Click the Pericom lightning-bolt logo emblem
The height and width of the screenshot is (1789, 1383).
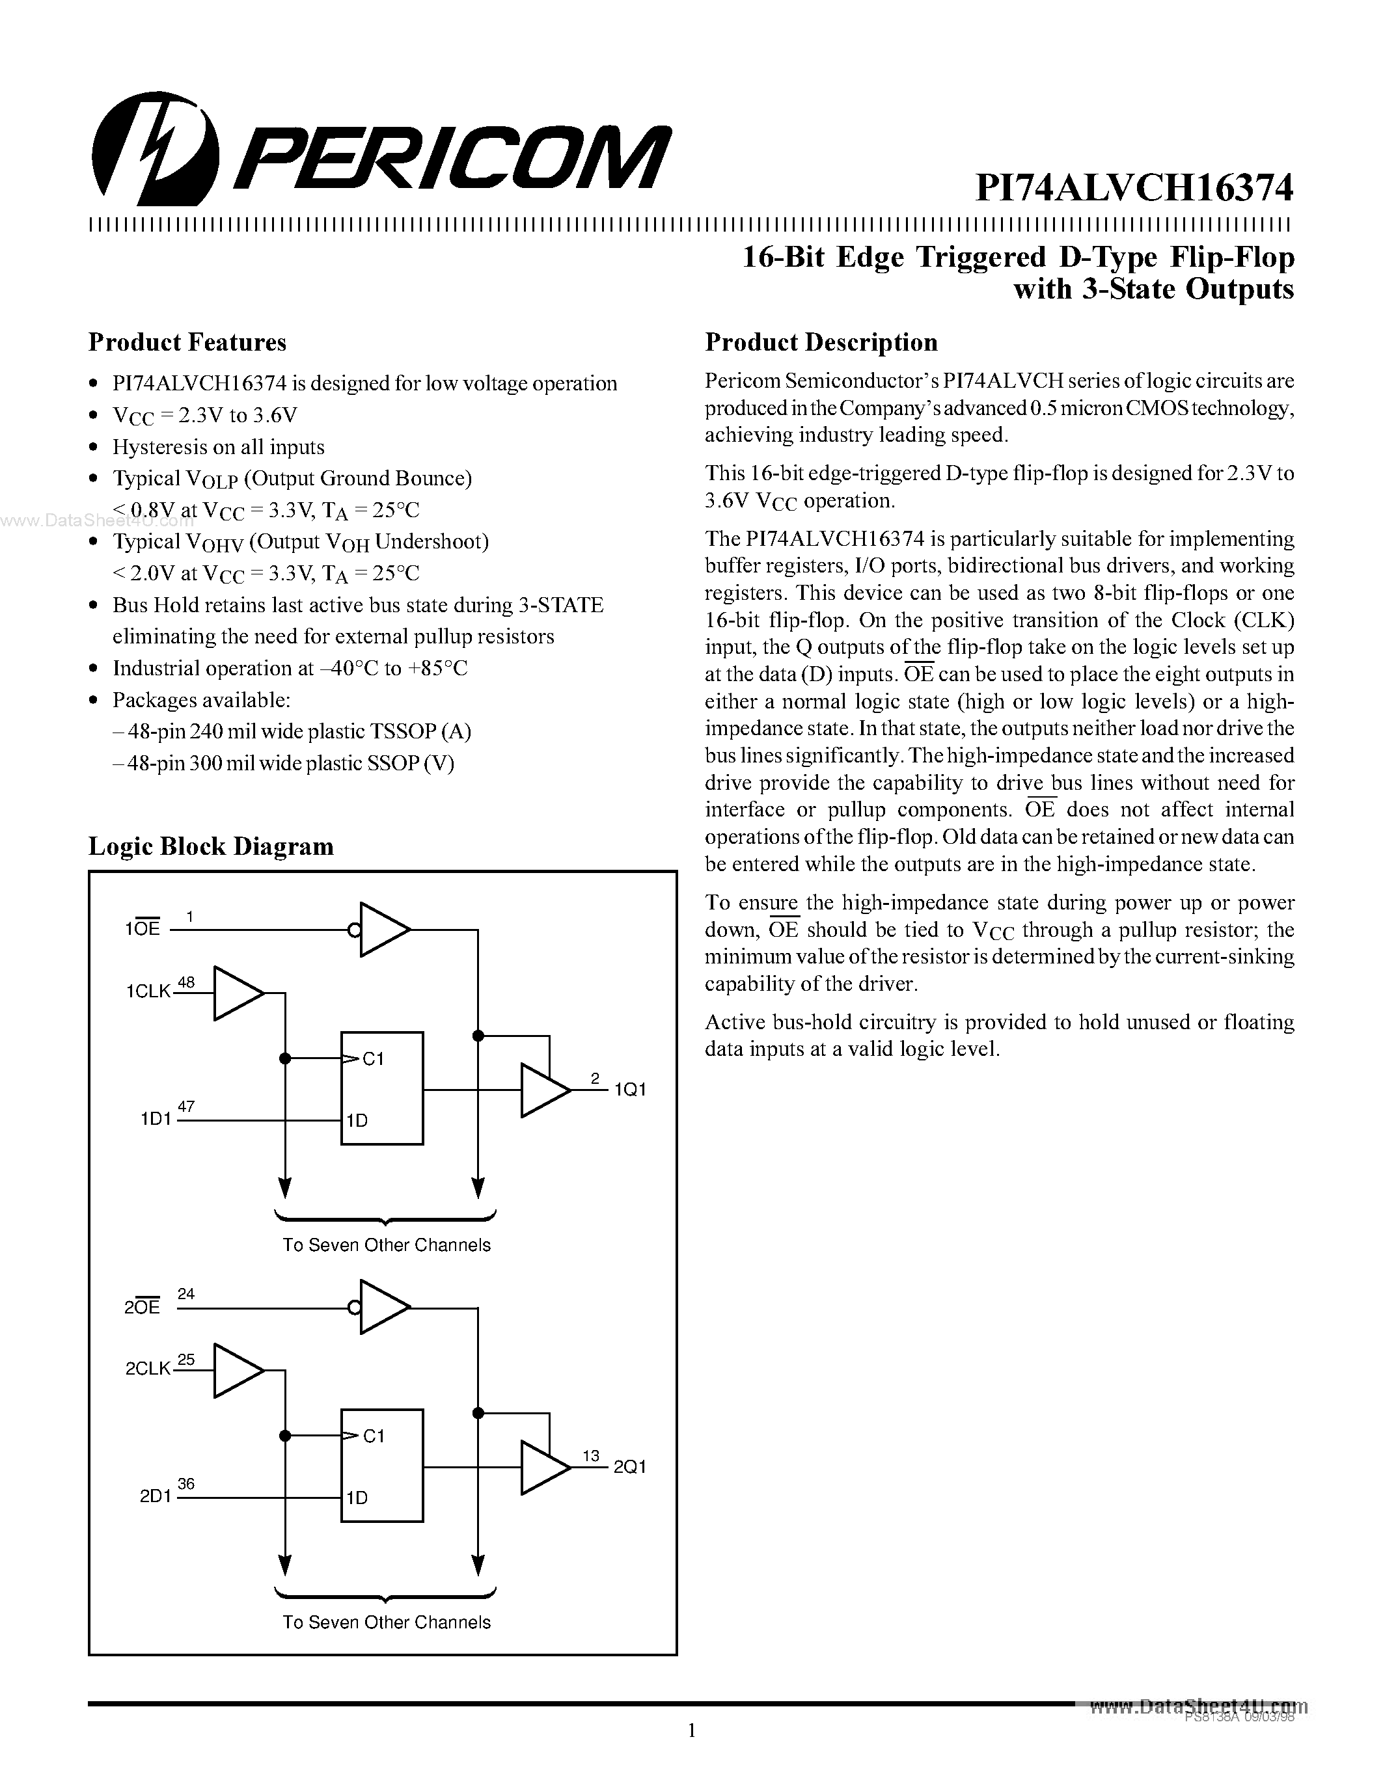tap(155, 148)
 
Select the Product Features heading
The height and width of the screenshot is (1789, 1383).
tap(187, 342)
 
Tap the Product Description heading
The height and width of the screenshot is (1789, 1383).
tap(821, 342)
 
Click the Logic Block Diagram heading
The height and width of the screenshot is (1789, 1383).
tap(211, 846)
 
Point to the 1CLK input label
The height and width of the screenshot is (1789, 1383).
tap(148, 992)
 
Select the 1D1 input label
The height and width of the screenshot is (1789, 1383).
tap(156, 1118)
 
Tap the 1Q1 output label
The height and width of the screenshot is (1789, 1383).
tap(630, 1090)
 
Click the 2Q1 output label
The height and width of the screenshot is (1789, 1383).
tap(630, 1467)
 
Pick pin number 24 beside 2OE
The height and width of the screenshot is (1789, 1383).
tap(186, 1293)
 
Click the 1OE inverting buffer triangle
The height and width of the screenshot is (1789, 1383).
tap(383, 930)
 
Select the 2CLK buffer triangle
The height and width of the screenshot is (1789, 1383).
tap(238, 1371)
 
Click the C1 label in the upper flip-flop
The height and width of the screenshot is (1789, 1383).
tap(373, 1059)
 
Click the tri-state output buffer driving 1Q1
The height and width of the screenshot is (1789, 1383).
tap(544, 1090)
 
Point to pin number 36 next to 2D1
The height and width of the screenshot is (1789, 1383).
tap(186, 1483)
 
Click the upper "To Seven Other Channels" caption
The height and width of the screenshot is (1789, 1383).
tap(386, 1245)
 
